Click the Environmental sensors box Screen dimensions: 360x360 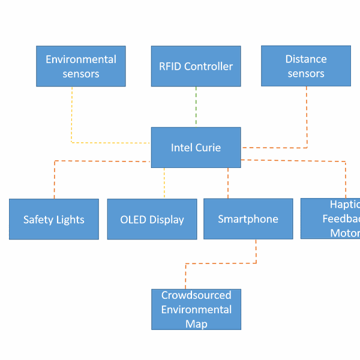tap(81, 66)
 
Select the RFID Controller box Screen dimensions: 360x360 tap(196, 66)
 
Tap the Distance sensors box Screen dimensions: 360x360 tap(306, 66)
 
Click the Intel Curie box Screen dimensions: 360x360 tap(196, 147)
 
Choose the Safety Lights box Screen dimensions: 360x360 tap(54, 219)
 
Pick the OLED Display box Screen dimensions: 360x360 tap(152, 219)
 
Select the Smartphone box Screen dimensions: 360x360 tap(248, 219)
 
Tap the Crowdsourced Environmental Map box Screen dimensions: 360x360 tap(196, 309)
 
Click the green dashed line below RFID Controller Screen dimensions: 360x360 tap(196, 107)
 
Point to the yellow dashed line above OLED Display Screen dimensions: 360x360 tap(164, 183)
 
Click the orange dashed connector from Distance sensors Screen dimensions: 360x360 tap(307, 120)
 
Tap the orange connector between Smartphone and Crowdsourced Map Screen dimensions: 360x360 tap(221, 263)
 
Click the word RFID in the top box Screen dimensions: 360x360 tap(170, 66)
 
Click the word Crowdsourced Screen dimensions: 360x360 tap(196, 295)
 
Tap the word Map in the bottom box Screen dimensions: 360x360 tap(196, 324)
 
